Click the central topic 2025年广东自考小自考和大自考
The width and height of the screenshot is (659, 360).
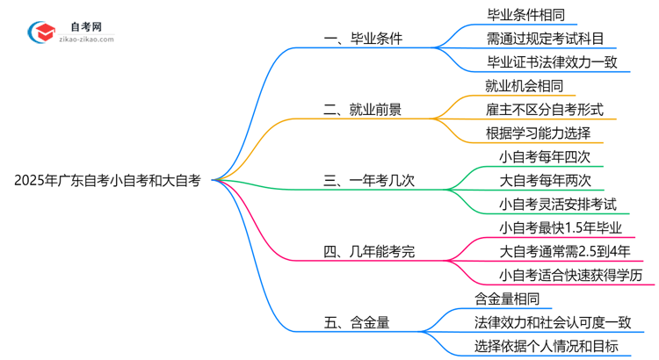(x=107, y=181)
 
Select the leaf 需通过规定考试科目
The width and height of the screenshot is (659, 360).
(x=545, y=39)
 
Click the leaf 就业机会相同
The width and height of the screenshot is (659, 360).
(x=525, y=86)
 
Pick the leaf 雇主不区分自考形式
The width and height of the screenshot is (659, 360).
(x=545, y=110)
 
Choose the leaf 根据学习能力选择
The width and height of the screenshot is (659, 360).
(x=539, y=133)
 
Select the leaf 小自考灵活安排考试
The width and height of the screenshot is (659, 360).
(x=558, y=205)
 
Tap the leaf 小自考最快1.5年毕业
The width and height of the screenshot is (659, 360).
(x=558, y=228)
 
